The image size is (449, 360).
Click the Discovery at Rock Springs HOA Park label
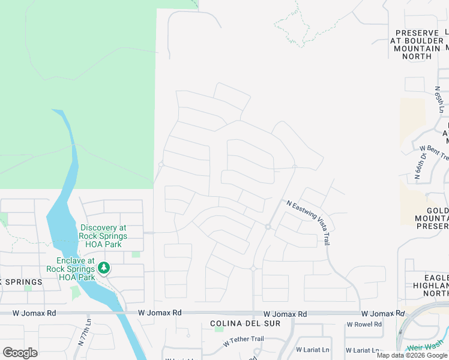[x=102, y=236]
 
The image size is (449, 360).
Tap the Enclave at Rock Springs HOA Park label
[x=76, y=269]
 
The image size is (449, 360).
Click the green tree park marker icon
[x=104, y=268]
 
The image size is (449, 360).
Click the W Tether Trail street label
[x=243, y=340]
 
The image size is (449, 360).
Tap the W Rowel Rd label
[x=364, y=325]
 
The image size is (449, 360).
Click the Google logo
[x=20, y=352]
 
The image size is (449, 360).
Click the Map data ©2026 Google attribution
[x=412, y=355]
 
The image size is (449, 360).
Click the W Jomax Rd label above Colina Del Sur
[x=285, y=314]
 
